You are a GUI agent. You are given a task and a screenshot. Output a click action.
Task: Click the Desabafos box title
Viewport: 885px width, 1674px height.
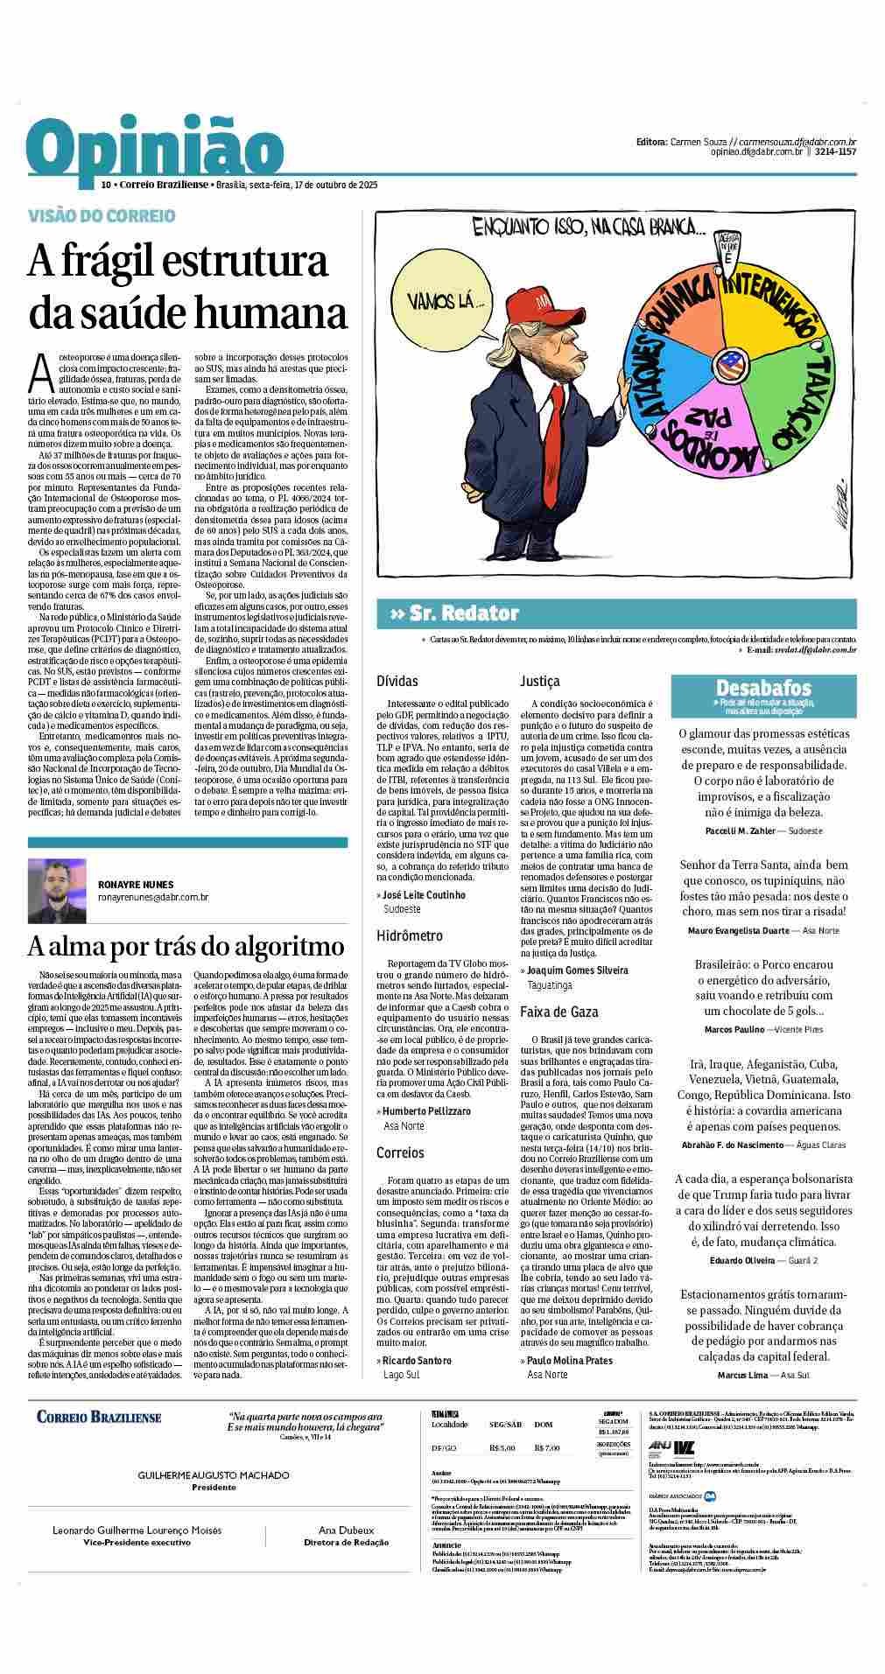coord(763,688)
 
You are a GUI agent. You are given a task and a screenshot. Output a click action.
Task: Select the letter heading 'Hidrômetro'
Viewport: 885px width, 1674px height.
coord(410,935)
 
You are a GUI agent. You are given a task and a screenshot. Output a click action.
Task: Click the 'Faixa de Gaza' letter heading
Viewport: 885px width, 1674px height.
coord(558,1012)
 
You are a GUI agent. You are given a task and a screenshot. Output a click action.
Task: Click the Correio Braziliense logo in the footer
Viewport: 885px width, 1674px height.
coord(99,1416)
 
